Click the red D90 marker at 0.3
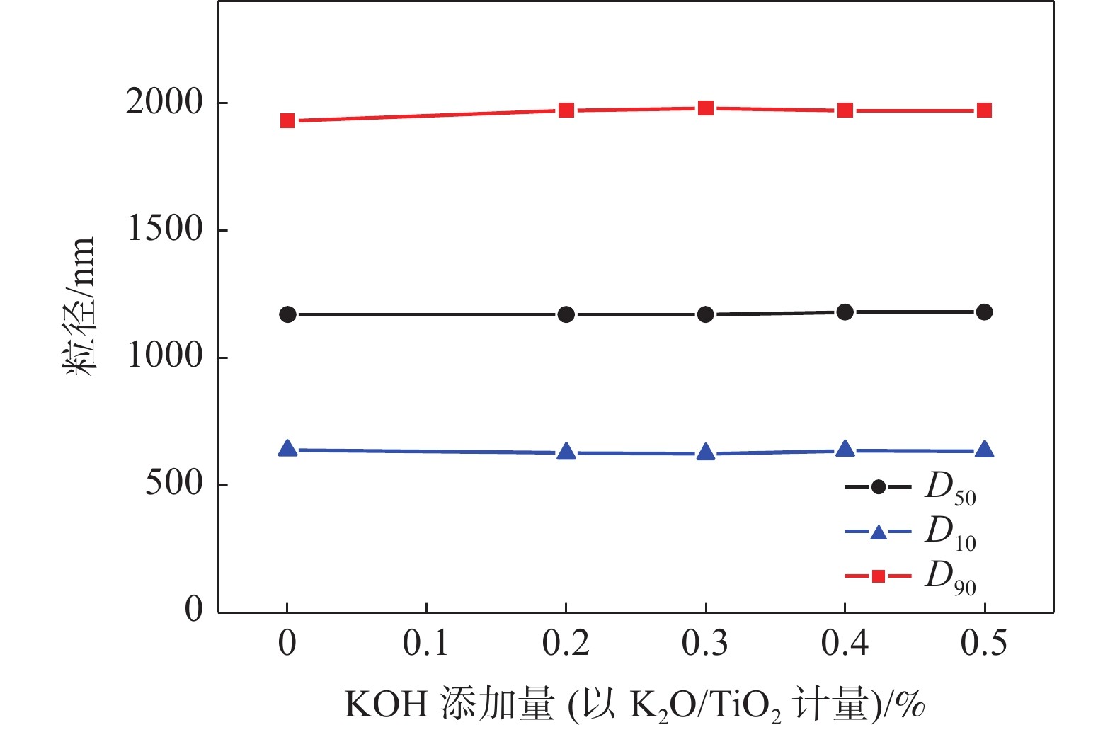coord(706,108)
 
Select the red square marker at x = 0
coord(287,121)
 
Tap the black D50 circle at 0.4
coord(845,312)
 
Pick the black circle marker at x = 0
coord(287,314)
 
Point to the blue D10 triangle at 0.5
coord(985,450)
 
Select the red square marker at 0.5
coord(985,110)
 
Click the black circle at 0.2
coord(566,314)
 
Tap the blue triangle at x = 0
coord(287,448)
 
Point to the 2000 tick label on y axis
coord(164,103)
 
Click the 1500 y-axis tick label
coord(164,229)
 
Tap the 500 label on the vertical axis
coord(174,484)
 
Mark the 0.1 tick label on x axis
coord(425,644)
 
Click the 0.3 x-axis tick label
coord(705,644)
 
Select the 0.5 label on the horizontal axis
coord(984,644)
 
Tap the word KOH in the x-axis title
coord(386,705)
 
